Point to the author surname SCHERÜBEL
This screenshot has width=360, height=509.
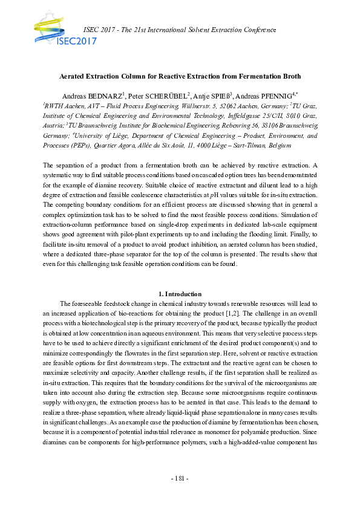point(168,96)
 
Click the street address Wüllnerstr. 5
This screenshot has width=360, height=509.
point(198,106)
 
